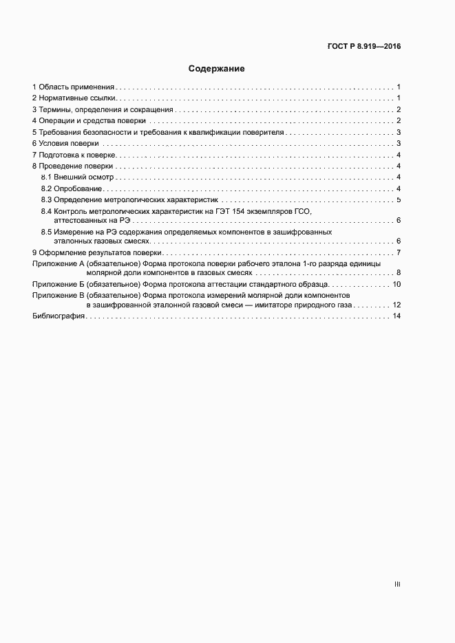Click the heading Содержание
tap(217, 69)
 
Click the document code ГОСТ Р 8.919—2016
tap(364, 47)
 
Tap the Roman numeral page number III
tap(397, 584)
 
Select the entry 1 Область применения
tap(74, 87)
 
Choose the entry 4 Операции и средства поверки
tap(89, 121)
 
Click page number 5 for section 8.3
tap(399, 199)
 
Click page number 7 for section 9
tap(399, 254)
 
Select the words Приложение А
tap(54, 264)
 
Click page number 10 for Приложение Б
tap(396, 284)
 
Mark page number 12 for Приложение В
tap(396, 305)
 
